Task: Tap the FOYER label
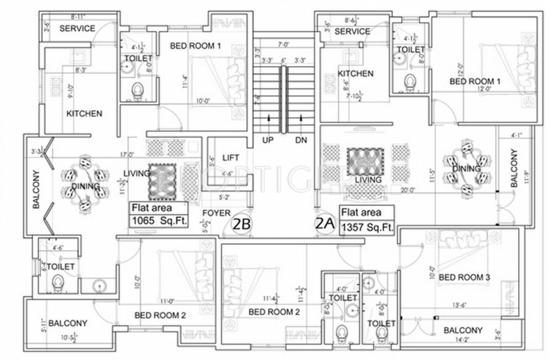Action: [x=216, y=213]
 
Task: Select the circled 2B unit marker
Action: [x=241, y=225]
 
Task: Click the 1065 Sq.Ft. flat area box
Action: [x=158, y=215]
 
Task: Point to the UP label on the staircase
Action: [x=268, y=140]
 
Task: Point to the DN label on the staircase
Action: [x=301, y=140]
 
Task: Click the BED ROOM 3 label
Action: [x=464, y=277]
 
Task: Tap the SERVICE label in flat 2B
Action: [x=77, y=29]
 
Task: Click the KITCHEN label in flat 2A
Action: [x=355, y=74]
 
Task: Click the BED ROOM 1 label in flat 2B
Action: [x=195, y=46]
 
